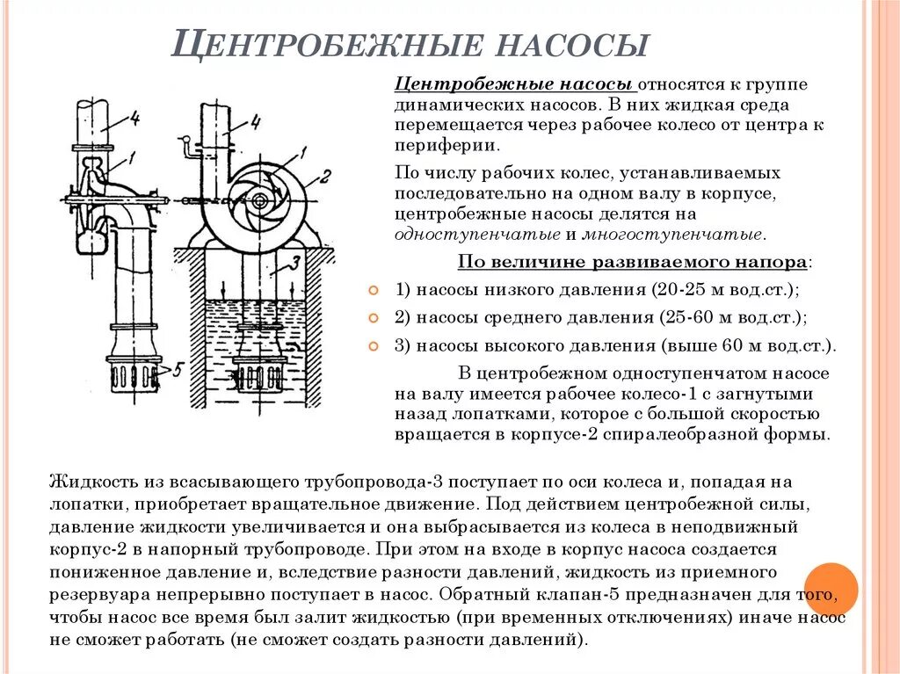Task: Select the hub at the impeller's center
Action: click(x=260, y=201)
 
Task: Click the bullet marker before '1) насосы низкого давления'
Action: click(x=373, y=290)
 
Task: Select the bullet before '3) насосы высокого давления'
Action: click(x=373, y=344)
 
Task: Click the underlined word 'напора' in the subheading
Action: click(x=774, y=262)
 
